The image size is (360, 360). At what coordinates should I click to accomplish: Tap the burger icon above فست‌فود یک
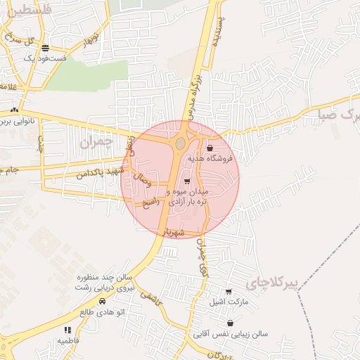pyautogui.click(x=46, y=49)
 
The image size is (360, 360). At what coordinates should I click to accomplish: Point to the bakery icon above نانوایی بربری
pyautogui.click(x=15, y=110)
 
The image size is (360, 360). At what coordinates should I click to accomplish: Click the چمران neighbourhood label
pyautogui.click(x=96, y=142)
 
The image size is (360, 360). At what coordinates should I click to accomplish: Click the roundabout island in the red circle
pyautogui.click(x=181, y=143)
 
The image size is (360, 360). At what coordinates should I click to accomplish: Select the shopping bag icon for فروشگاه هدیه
pyautogui.click(x=210, y=148)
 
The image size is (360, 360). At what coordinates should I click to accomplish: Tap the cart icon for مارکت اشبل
pyautogui.click(x=229, y=292)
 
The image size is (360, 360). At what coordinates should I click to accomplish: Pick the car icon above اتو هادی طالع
pyautogui.click(x=102, y=301)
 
